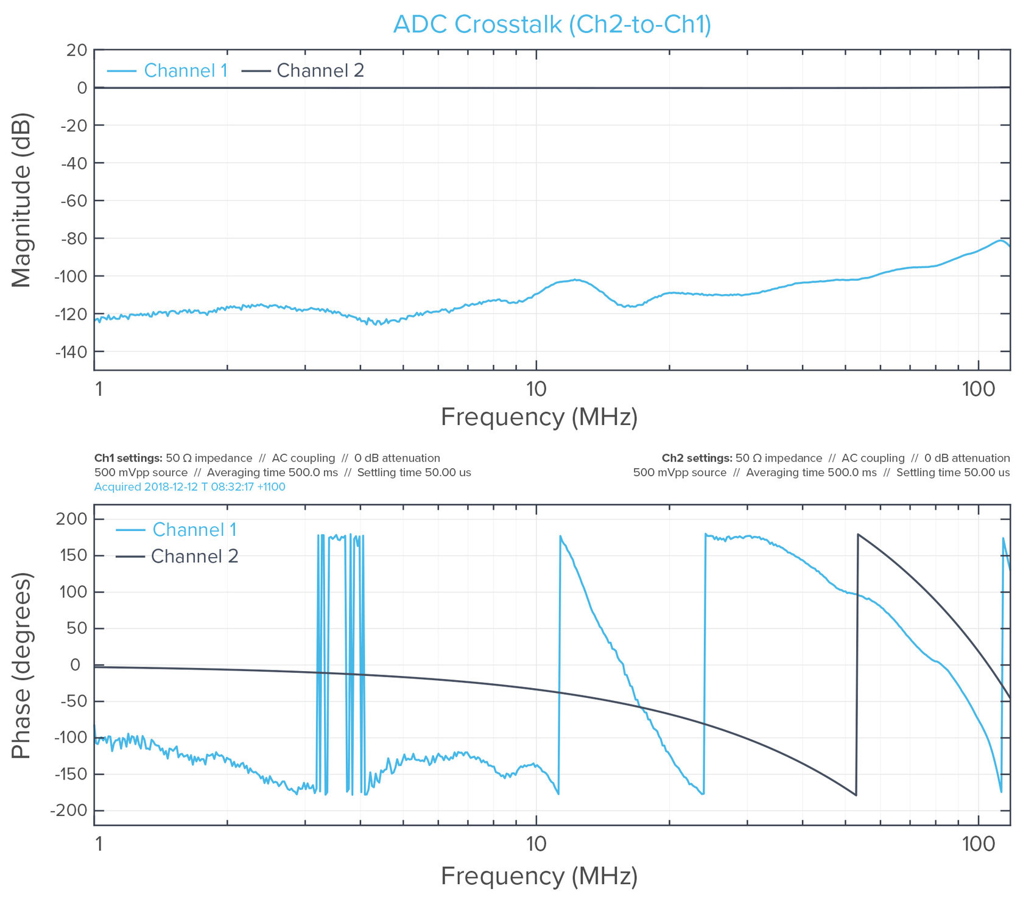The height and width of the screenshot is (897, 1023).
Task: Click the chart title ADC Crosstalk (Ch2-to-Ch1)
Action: (x=552, y=24)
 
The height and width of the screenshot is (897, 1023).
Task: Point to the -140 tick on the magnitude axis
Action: (x=72, y=352)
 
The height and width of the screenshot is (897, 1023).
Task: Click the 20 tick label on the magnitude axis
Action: (x=77, y=50)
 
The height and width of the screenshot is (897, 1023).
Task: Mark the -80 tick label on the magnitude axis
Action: (x=74, y=238)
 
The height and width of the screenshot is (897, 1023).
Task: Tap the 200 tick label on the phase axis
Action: (x=71, y=519)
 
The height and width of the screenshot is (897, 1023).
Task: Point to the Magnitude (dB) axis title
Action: (x=22, y=200)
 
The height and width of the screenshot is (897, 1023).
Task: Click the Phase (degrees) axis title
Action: (x=22, y=665)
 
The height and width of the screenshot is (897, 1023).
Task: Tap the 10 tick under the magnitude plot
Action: (x=536, y=389)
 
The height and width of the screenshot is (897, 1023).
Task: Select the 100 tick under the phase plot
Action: (x=978, y=844)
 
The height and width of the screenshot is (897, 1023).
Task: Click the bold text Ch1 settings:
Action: (x=128, y=458)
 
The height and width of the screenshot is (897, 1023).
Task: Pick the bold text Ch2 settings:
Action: (x=697, y=458)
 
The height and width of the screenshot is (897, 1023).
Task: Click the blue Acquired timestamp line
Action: (x=189, y=487)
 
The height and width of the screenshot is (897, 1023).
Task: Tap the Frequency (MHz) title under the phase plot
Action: (x=539, y=876)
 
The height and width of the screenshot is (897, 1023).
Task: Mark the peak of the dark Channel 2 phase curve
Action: (x=858, y=535)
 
